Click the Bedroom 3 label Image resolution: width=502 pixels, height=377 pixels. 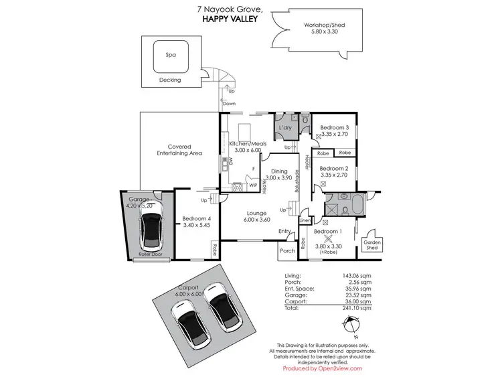click(334, 127)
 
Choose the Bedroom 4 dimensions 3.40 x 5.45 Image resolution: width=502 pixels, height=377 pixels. click(196, 226)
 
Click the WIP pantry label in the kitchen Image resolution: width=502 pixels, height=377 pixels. click(253, 185)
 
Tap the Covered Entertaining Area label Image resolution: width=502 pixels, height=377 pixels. click(175, 151)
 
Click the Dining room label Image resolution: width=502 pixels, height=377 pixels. click(278, 171)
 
